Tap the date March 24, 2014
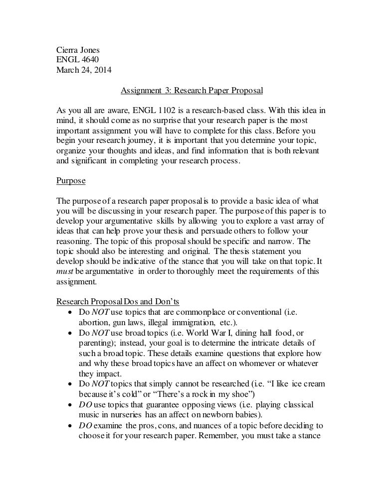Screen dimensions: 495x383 pos(84,70)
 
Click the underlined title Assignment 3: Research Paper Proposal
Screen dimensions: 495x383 pos(191,91)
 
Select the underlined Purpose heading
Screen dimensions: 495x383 pos(70,181)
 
